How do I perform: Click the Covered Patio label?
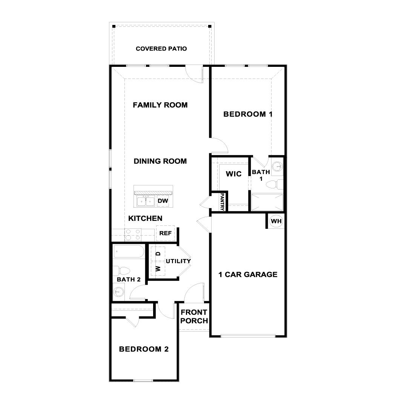[x=161, y=49]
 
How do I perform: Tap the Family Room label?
[x=160, y=105]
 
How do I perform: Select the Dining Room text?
[x=160, y=161]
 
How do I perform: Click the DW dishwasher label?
[x=163, y=201]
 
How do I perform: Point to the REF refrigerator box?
[x=165, y=233]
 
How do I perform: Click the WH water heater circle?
[x=276, y=221]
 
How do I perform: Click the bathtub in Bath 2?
[x=129, y=251]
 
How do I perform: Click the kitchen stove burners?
[x=133, y=235]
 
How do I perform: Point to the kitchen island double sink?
[x=146, y=201]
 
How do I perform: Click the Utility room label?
[x=178, y=261]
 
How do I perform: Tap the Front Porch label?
[x=194, y=316]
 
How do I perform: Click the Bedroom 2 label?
[x=144, y=349]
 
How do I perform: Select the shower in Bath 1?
[x=267, y=202]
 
